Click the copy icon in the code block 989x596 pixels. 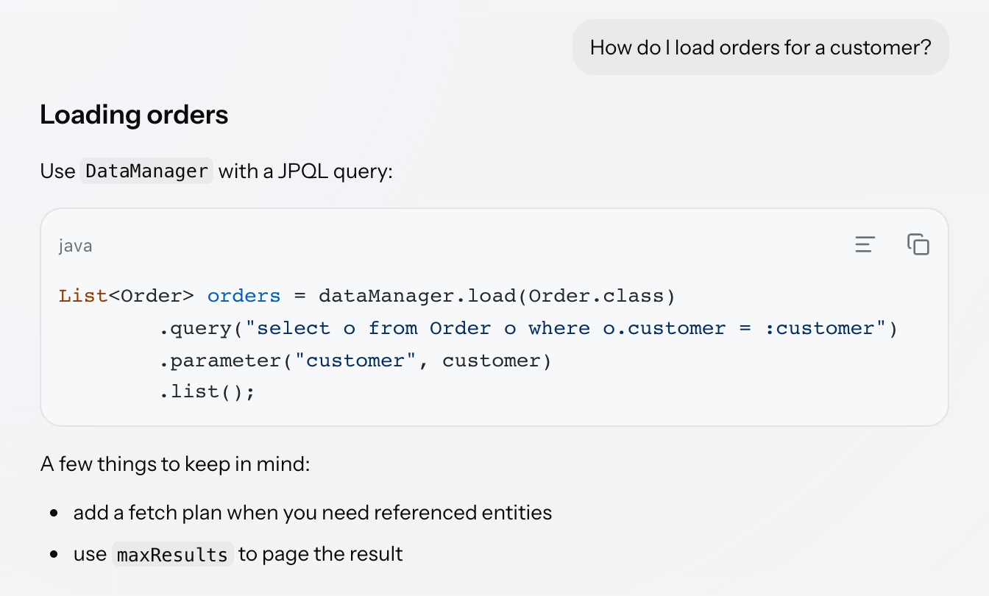(918, 244)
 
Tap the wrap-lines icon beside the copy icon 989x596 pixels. (865, 244)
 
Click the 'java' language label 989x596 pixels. (76, 246)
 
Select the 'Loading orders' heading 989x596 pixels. (134, 115)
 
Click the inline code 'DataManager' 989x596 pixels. (146, 171)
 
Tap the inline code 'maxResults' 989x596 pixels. (172, 554)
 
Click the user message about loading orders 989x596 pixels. (760, 47)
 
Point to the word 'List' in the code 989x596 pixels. (83, 296)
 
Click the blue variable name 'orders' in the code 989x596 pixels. (244, 296)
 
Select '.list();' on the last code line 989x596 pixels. (207, 392)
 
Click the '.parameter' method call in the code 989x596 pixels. (220, 361)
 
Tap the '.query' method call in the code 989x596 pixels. (195, 329)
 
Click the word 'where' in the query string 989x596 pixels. (559, 328)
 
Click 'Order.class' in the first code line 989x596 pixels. (596, 296)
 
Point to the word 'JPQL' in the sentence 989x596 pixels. (303, 171)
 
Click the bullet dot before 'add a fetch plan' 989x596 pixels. (54, 513)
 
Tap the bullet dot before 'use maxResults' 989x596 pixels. (54, 554)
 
